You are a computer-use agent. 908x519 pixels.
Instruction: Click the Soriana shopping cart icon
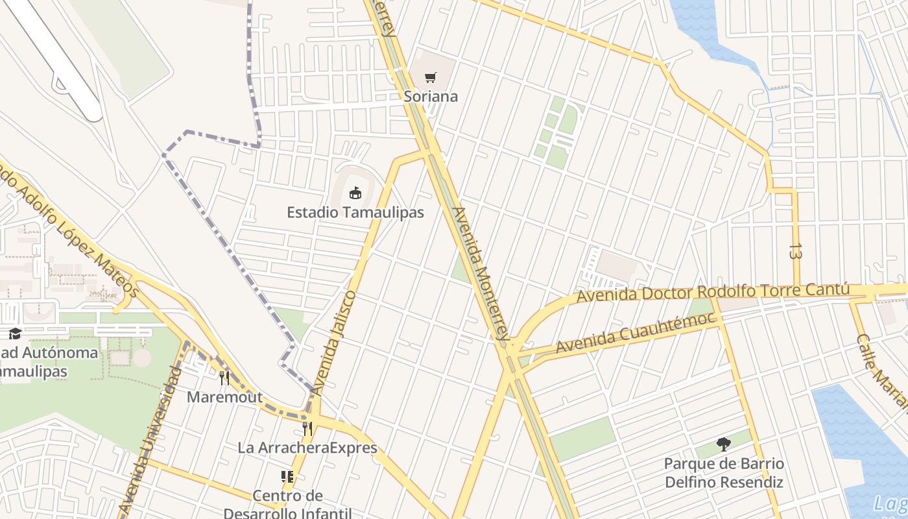click(x=430, y=78)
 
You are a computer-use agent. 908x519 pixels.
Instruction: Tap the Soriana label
click(x=431, y=97)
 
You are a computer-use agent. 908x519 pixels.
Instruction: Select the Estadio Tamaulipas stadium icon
click(x=355, y=193)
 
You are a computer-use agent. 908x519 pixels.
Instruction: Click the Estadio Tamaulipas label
click(x=355, y=212)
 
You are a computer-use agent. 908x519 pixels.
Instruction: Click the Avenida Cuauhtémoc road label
click(x=636, y=333)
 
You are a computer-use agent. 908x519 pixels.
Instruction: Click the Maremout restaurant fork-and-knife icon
click(x=224, y=378)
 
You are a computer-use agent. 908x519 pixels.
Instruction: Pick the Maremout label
click(x=224, y=397)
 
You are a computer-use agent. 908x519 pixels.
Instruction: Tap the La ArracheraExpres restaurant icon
click(x=307, y=429)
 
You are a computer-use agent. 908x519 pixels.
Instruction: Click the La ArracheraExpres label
click(x=307, y=448)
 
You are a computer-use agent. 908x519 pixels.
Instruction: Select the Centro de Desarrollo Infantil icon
click(x=287, y=477)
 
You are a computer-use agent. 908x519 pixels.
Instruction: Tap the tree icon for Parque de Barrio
click(x=724, y=444)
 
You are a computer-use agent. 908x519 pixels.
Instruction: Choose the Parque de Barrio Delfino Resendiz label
click(x=724, y=473)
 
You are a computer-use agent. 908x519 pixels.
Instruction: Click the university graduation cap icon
click(x=15, y=333)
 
